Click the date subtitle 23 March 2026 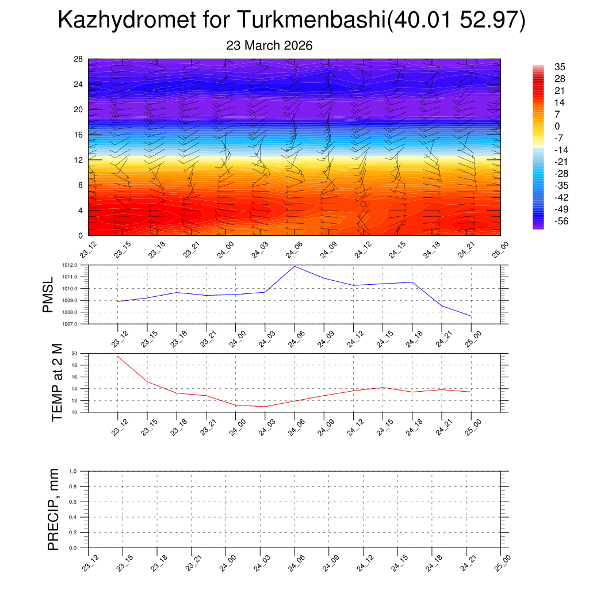pos(269,46)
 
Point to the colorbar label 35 pos(560,67)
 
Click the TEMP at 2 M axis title pos(57,383)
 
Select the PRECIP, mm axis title pos(53,509)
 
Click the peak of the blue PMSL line pos(294,266)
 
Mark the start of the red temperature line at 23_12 pos(118,356)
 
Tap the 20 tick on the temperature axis pos(81,354)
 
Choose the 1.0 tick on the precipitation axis pos(81,471)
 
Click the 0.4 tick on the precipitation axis pos(81,517)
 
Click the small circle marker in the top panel pos(364,204)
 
